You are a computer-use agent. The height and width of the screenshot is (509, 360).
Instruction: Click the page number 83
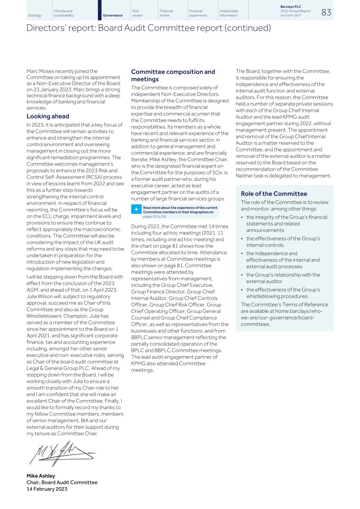(326, 12)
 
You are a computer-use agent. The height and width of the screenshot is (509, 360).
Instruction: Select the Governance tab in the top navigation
(113, 15)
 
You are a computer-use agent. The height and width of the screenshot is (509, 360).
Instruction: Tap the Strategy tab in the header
(35, 15)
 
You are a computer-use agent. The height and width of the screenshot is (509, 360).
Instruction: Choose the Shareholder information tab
(229, 13)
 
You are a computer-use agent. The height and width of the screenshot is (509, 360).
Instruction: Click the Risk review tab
(137, 13)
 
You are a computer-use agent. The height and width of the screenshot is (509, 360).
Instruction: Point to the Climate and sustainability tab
(64, 13)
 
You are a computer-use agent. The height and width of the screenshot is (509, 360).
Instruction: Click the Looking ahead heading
(48, 116)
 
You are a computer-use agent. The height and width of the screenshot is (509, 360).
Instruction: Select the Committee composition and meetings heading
(173, 75)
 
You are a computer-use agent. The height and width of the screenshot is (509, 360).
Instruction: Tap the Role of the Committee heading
(274, 194)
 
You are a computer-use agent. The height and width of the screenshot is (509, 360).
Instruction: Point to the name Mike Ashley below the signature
(41, 476)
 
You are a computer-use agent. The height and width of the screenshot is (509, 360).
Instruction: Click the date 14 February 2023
(47, 489)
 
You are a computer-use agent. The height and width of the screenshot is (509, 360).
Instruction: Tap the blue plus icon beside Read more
(136, 210)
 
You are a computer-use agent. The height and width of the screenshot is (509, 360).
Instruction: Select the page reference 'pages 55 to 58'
(155, 216)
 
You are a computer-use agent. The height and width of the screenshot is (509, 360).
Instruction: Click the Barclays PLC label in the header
(291, 7)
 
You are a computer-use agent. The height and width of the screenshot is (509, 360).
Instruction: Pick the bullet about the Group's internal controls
(283, 242)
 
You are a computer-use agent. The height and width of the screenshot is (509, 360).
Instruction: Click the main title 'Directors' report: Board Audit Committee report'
(148, 28)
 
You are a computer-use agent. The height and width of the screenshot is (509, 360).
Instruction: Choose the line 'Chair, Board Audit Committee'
(62, 483)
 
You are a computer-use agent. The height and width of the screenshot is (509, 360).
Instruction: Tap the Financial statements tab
(198, 13)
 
